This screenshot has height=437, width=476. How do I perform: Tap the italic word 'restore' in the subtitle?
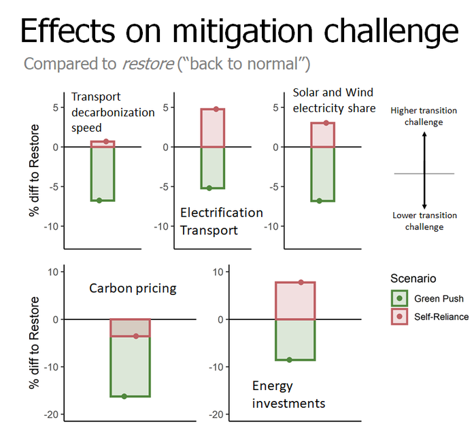point(147,64)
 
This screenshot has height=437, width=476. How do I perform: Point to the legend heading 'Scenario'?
point(413,279)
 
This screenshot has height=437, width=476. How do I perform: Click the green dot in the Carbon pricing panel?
point(124,396)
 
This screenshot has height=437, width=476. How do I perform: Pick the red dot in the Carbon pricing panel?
point(136,336)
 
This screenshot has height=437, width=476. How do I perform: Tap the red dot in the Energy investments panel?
point(302,282)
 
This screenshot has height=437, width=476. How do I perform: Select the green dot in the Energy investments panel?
point(289,360)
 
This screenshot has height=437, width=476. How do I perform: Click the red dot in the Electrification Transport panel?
point(216,109)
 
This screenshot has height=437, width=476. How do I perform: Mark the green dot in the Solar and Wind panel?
point(319,200)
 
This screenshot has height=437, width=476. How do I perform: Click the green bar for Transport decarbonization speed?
point(103,173)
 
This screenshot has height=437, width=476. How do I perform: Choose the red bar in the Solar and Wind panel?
point(322,135)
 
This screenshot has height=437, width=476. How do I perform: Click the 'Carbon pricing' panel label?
point(133,288)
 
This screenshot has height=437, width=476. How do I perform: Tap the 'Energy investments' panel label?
point(288,394)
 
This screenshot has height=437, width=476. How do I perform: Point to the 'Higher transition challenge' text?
point(424,116)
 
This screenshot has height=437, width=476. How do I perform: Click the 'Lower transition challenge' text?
point(424,221)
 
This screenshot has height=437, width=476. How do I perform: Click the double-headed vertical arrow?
point(424,170)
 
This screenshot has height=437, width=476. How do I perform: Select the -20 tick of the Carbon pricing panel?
point(53,415)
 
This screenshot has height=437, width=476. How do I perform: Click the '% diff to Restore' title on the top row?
point(34,169)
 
